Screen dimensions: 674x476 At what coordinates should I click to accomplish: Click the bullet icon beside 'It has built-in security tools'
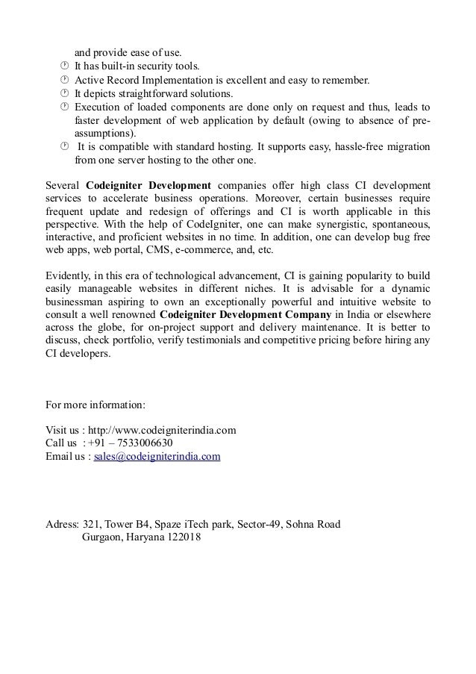[x=64, y=67]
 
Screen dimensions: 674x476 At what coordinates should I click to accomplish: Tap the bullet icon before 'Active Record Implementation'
[x=64, y=81]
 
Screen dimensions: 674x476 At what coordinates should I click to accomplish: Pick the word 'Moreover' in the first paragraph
[x=276, y=198]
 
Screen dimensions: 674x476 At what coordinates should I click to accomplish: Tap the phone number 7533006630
[x=147, y=443]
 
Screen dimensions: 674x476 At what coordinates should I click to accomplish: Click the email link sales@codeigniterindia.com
[x=157, y=456]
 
